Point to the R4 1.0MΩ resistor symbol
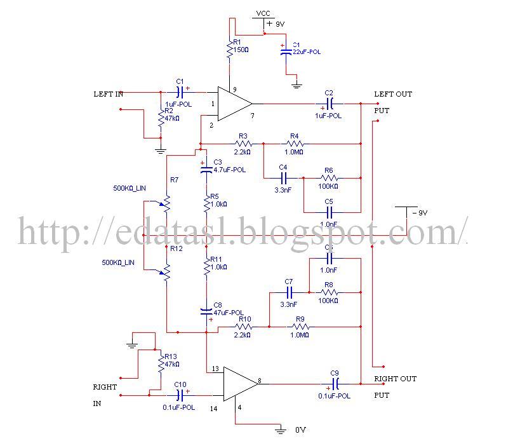pos(295,144)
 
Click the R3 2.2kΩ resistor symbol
pos(242,144)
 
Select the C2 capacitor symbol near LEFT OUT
pos(330,103)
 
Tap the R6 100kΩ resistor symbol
pos(328,179)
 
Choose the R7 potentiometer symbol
pos(167,201)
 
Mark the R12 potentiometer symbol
pos(167,272)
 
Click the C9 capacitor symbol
pos(336,383)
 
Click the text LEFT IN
pos(108,94)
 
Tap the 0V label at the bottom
pos(302,430)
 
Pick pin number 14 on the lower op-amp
pos(214,410)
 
